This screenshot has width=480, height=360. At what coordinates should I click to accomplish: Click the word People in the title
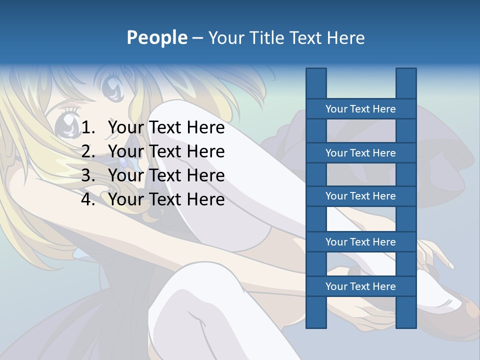(156, 38)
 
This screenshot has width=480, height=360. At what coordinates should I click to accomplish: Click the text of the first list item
(166, 128)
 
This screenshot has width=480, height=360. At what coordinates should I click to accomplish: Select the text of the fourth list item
(166, 199)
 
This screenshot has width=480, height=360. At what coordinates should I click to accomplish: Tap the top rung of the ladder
(360, 109)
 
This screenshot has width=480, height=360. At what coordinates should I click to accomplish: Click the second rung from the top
(360, 153)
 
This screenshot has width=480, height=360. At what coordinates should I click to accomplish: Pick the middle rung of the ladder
(360, 196)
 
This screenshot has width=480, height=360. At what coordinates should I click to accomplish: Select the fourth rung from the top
(360, 242)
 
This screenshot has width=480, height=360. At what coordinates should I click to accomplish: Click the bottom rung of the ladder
(360, 286)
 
